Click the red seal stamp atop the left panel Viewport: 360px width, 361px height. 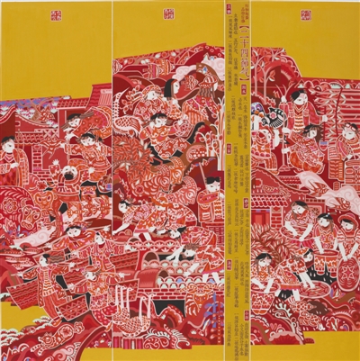[x=61, y=18]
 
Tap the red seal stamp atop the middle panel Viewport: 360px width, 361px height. [x=168, y=18]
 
